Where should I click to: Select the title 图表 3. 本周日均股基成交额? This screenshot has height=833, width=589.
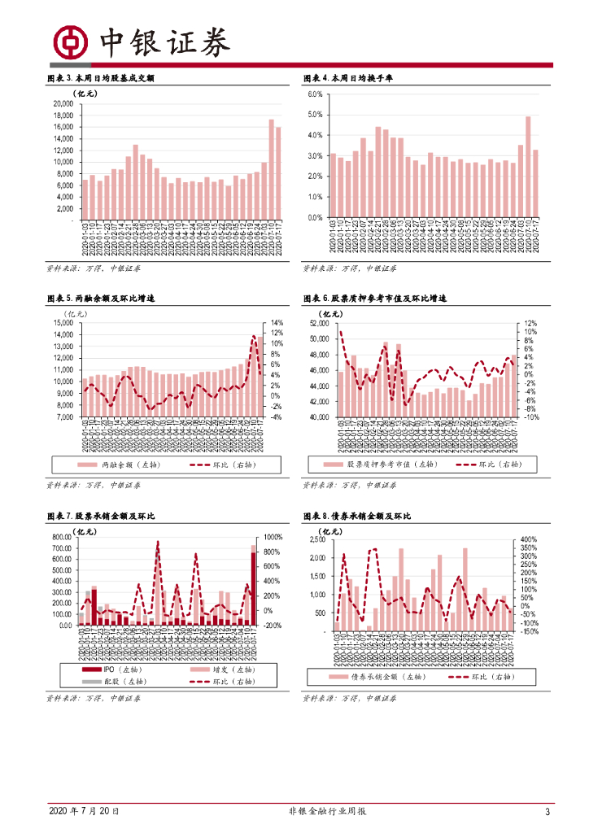click(101, 79)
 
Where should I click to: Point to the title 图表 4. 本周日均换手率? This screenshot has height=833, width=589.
click(348, 79)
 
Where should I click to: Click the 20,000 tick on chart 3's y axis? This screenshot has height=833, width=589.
click(61, 104)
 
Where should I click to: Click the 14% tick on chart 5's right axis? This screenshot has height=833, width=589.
click(276, 323)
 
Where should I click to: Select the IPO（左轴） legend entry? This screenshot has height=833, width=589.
click(103, 668)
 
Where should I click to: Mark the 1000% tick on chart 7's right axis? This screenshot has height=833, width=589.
click(271, 538)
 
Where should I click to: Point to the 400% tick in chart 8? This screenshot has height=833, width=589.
click(527, 540)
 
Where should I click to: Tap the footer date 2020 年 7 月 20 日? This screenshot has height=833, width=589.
click(84, 811)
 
